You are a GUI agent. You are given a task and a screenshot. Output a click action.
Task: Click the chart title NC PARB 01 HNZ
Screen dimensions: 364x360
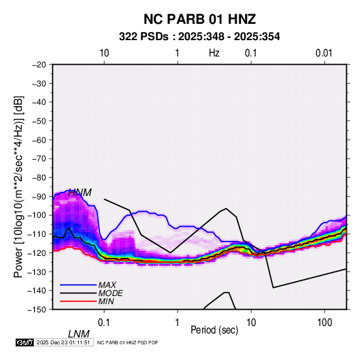[199, 19]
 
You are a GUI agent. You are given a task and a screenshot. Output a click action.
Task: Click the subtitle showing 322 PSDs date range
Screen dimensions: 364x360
[199, 37]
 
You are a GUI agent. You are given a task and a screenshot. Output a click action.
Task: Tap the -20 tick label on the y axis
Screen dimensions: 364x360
[39, 65]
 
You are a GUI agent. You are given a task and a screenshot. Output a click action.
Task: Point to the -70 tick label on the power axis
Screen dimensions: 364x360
[39, 159]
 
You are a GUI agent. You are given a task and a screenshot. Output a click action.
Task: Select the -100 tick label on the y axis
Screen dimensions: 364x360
[37, 215]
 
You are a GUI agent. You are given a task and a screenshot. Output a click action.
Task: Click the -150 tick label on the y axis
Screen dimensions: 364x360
[37, 310]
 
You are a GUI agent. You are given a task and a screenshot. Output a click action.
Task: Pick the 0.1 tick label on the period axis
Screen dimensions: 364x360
[104, 323]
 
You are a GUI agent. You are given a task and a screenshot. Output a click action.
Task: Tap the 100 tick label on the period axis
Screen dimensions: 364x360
[325, 323]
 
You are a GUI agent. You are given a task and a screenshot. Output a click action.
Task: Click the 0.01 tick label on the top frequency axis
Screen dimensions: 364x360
[324, 53]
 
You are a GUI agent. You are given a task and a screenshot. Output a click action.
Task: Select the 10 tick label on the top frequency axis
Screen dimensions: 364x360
[104, 53]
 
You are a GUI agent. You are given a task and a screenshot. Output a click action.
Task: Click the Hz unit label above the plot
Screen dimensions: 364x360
[214, 53]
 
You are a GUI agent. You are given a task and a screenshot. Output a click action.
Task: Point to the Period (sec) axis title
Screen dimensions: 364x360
[214, 330]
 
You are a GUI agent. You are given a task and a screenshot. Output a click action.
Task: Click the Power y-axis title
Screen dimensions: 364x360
[18, 187]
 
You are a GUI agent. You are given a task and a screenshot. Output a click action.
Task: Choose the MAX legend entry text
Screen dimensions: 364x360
[107, 285]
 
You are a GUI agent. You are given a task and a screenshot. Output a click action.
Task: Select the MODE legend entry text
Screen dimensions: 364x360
[110, 293]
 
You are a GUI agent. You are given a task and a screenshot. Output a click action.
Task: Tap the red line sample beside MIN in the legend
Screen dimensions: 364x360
[78, 301]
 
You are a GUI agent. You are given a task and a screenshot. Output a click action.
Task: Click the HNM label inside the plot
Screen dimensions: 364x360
[80, 193]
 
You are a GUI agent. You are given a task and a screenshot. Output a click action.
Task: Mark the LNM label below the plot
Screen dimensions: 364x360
[78, 334]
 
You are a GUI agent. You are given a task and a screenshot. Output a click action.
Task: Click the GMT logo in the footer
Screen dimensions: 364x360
[25, 342]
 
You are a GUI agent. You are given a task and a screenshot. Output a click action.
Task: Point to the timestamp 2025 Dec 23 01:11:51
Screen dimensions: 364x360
[63, 342]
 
